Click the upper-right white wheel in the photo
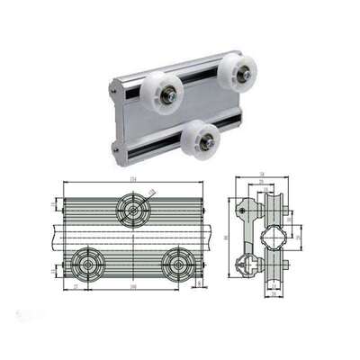point(237,72)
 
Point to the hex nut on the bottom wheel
point(207,140)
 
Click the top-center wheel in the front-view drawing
point(134,211)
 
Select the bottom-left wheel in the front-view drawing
point(89,264)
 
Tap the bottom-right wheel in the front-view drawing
point(179,264)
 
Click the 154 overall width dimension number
point(132,180)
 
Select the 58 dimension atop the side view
point(262,174)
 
